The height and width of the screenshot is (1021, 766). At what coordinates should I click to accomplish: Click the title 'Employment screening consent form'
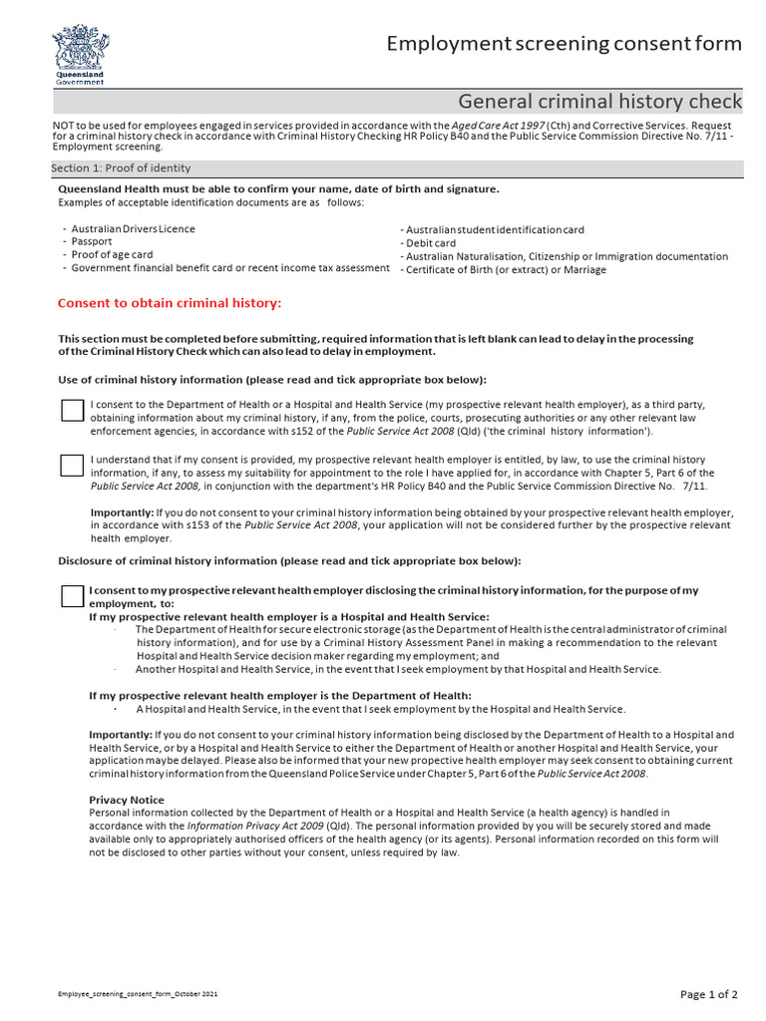[x=564, y=43]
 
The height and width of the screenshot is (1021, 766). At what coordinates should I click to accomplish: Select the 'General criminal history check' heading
[x=599, y=102]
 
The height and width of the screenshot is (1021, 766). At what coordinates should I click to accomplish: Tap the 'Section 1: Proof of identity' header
[x=121, y=169]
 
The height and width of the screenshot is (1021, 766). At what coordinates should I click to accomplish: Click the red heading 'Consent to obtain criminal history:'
[x=170, y=303]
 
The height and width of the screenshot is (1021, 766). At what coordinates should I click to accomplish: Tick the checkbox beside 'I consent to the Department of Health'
[x=72, y=410]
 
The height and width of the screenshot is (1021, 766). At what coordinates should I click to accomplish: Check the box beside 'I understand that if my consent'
[x=72, y=465]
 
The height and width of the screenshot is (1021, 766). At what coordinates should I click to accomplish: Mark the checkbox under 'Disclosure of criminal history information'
[x=72, y=596]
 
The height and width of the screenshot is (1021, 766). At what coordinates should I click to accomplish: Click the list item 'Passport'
[x=92, y=242]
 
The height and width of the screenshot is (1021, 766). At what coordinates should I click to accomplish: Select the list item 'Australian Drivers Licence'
[x=133, y=229]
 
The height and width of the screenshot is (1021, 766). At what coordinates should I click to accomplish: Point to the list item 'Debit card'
[x=430, y=243]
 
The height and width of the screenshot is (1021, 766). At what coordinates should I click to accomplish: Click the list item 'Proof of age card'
[x=112, y=255]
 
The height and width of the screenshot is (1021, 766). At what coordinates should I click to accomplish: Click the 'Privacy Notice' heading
[x=127, y=800]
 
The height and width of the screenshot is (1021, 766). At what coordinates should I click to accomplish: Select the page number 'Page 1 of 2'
[x=709, y=994]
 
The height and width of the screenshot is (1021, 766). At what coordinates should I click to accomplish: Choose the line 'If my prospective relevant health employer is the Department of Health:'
[x=280, y=695]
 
